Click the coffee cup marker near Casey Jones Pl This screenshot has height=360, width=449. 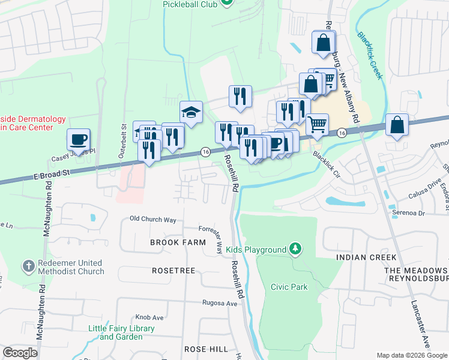coord(78,140)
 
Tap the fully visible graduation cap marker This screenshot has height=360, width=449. coord(191,112)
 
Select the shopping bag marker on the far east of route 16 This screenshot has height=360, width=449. coord(397,125)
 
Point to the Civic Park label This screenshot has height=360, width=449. coord(289,287)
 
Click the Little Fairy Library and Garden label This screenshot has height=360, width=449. coord(121,332)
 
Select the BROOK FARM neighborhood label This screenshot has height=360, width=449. coord(178,242)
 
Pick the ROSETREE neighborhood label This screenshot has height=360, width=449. coord(173,271)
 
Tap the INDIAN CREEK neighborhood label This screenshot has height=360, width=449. coord(366,257)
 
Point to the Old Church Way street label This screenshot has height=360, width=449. coord(153,220)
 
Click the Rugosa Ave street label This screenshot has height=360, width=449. coord(220,304)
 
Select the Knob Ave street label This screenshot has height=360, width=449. coord(149,317)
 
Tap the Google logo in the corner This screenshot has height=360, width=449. coord(20,353)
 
